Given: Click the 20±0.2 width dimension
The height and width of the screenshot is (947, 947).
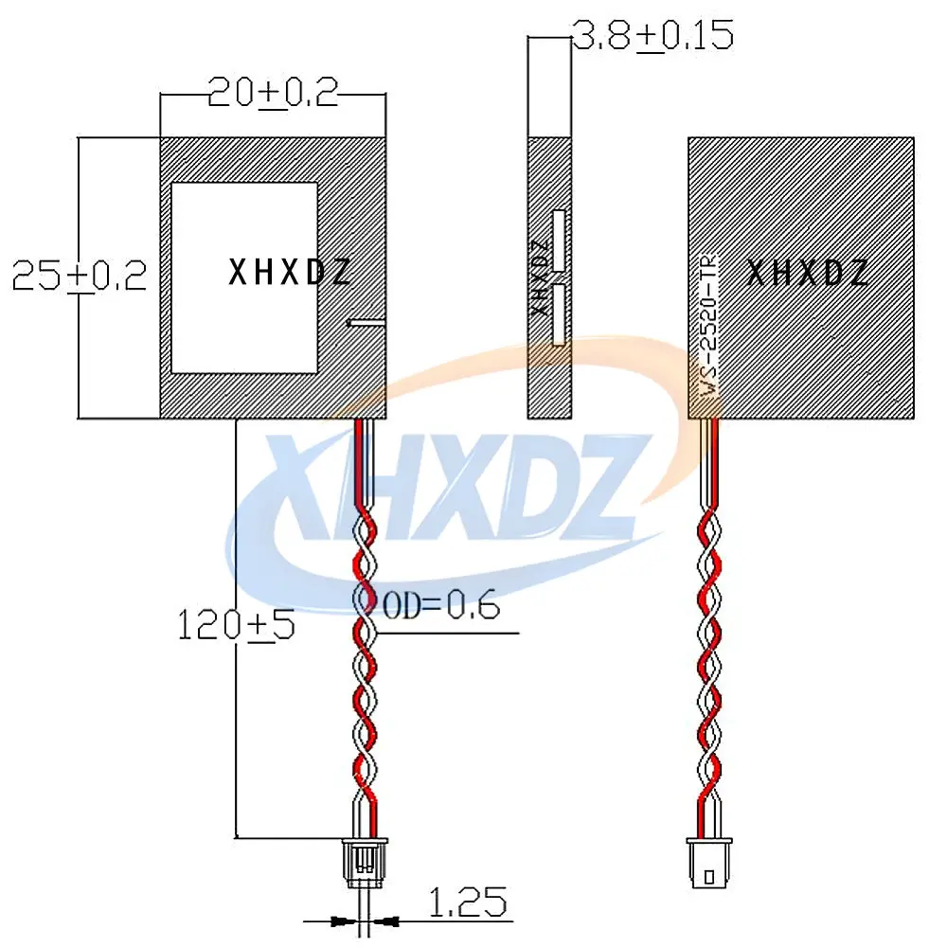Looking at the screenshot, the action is (x=273, y=93).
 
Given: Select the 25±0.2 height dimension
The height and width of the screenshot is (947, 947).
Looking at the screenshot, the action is (x=80, y=276).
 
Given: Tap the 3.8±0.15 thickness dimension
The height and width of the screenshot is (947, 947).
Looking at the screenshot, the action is (x=652, y=35).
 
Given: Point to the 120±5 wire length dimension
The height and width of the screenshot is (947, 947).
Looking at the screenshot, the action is (x=236, y=624).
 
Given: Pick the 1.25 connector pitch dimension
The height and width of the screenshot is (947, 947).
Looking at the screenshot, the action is (x=468, y=902).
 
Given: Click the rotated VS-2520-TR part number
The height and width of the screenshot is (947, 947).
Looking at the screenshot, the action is (x=709, y=326).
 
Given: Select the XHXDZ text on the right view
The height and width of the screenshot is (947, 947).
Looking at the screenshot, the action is (x=808, y=273).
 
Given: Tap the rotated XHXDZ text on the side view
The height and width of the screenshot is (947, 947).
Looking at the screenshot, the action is (x=540, y=277).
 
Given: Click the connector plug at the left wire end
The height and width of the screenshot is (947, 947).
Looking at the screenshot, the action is (x=365, y=862).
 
